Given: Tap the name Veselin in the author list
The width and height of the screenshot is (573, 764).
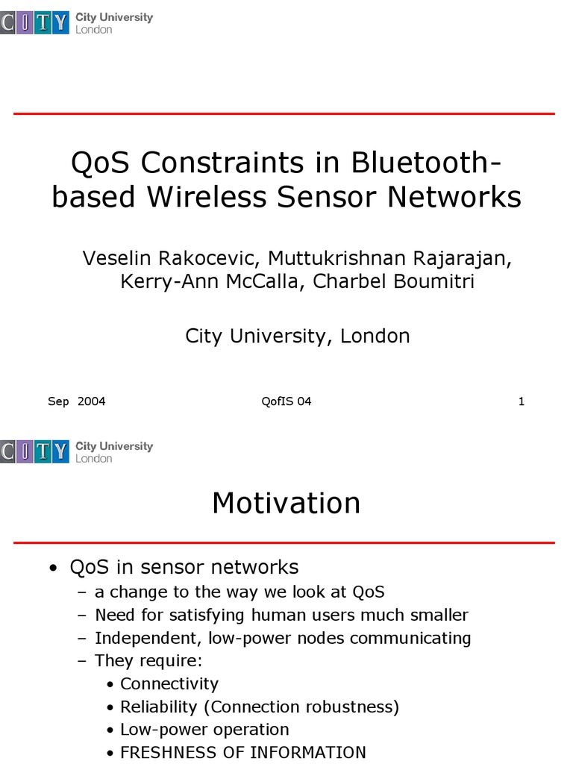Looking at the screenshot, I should (x=116, y=258).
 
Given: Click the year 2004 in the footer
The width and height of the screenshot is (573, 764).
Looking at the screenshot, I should (x=91, y=401).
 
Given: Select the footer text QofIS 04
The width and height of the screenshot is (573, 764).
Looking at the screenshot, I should (x=286, y=401).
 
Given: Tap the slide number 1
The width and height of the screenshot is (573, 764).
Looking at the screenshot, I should (x=522, y=401).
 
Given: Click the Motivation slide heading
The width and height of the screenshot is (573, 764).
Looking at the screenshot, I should (x=286, y=503).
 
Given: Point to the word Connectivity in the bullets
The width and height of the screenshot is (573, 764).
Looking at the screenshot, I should (x=169, y=684).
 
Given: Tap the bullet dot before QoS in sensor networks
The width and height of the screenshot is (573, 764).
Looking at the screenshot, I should (x=51, y=569).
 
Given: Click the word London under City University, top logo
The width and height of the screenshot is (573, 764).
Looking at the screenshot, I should (x=94, y=30).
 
